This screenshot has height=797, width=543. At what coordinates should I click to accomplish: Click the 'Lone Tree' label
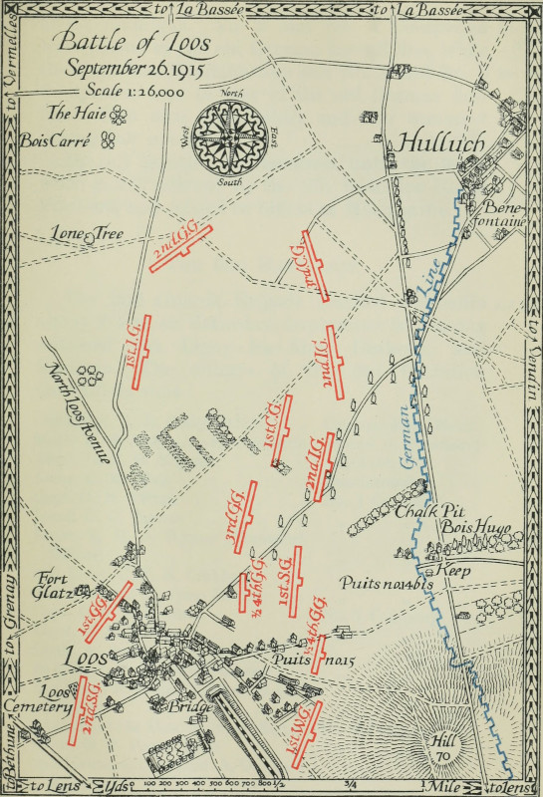coord(88,234)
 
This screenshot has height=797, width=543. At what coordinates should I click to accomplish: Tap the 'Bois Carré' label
coord(56,140)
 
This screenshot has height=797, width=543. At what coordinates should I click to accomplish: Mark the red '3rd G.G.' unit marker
coord(239,517)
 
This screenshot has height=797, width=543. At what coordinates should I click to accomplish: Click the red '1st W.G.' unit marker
coord(303,734)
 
